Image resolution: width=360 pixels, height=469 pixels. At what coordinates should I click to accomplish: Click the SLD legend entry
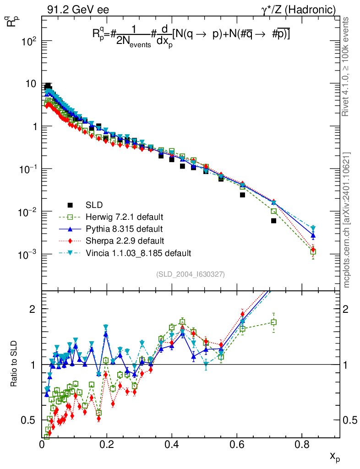point(93,204)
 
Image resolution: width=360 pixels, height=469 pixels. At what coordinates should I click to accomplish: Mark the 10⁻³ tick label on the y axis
point(28,255)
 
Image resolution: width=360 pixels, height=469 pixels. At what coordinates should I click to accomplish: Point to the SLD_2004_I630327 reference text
point(190,274)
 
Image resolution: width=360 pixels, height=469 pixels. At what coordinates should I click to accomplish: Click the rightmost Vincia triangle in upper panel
point(313,228)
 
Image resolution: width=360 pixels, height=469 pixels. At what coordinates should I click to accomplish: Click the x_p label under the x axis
point(335,457)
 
